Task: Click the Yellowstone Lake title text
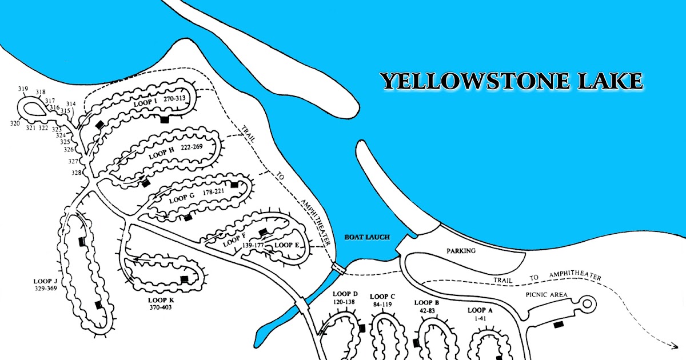click(x=512, y=81)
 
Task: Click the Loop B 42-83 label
click(x=427, y=306)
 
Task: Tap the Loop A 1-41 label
click(x=479, y=314)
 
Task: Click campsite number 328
click(x=76, y=173)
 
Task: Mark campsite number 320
click(x=15, y=123)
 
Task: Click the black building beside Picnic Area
click(x=557, y=325)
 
